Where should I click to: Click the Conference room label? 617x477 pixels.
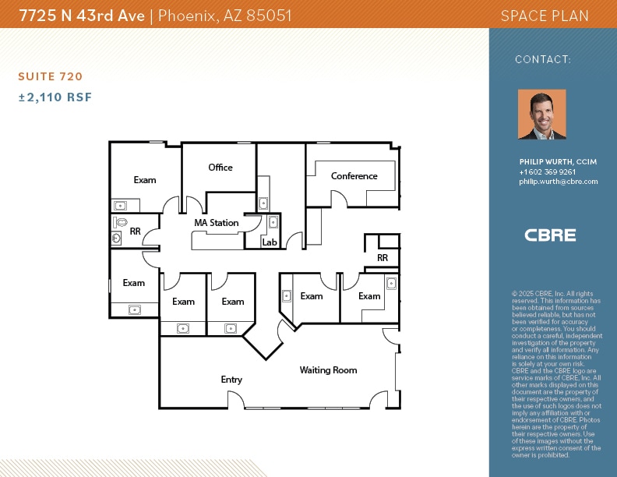354,176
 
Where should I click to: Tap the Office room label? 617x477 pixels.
220,168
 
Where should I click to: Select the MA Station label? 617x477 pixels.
217,223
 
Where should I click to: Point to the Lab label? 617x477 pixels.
269,242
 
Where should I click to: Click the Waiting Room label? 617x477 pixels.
328,370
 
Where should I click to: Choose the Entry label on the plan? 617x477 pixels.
231,380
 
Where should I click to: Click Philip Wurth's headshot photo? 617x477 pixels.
542,115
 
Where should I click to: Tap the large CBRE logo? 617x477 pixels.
550,235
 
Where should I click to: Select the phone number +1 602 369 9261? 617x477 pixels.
548,172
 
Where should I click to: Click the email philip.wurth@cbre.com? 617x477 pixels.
558,182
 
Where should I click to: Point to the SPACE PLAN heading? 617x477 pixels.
545,16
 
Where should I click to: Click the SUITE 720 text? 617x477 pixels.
50,76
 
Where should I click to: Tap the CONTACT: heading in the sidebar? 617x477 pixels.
543,59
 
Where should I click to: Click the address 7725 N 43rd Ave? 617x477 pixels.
82,15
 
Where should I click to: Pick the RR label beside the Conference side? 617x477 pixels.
383,258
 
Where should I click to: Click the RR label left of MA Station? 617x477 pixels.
136,231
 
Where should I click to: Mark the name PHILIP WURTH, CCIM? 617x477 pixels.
558,162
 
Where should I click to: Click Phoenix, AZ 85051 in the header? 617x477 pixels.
225,15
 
